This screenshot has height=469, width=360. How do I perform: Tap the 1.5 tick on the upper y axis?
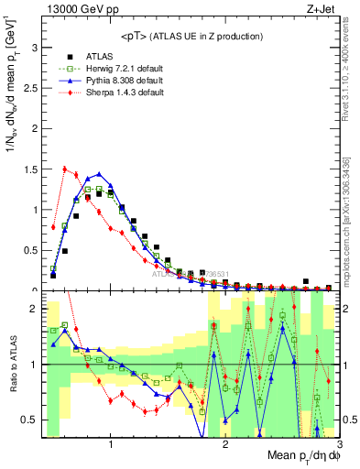(x=32, y=169)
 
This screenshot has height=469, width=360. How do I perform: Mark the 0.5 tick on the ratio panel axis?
(x=32, y=420)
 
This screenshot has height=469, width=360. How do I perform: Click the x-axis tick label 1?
(x=111, y=444)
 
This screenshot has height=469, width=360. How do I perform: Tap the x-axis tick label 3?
(x=339, y=444)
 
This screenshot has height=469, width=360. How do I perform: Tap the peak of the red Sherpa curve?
(x=64, y=168)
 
